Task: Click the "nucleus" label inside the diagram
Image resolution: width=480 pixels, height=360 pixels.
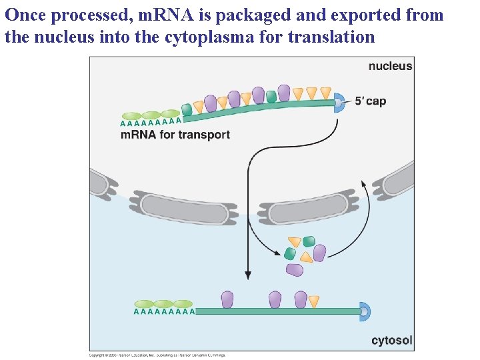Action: point(390,66)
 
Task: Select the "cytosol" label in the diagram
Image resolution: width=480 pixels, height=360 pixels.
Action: point(391,341)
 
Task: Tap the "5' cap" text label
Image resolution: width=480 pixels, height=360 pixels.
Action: point(369,101)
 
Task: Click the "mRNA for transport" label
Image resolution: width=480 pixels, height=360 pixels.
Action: point(175,135)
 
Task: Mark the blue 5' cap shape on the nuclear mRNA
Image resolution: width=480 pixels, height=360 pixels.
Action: point(339,102)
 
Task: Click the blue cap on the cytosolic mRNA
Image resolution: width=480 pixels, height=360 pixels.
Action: point(364,311)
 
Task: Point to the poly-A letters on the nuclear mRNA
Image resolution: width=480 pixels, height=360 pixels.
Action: point(151,122)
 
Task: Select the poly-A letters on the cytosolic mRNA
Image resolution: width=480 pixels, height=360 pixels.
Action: point(164,311)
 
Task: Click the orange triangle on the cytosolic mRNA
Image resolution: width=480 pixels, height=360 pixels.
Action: point(313,301)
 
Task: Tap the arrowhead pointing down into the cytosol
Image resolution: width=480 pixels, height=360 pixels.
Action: point(248,275)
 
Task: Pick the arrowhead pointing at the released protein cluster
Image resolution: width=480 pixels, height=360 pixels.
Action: point(276,252)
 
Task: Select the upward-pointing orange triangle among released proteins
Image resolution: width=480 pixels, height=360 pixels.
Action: point(305,257)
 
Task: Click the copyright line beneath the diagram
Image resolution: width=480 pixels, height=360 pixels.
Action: point(157,355)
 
